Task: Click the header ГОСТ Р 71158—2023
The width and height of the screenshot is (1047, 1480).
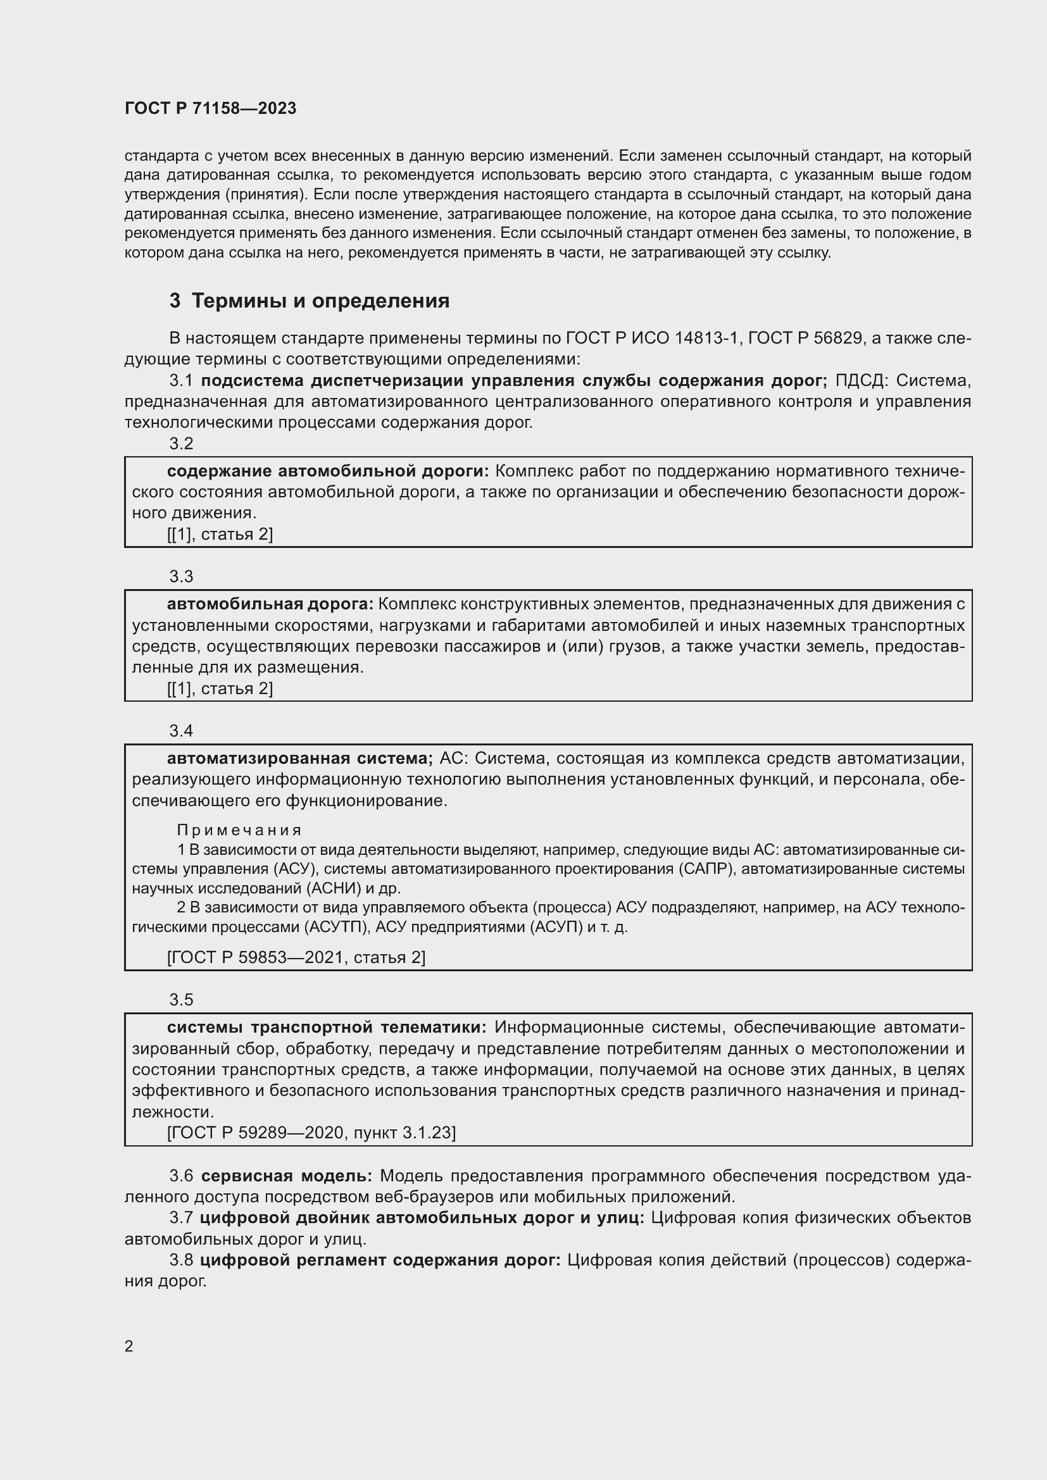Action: pyautogui.click(x=210, y=108)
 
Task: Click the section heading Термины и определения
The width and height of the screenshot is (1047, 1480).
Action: pyautogui.click(x=320, y=301)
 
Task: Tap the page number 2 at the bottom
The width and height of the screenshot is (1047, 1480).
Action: pyautogui.click(x=129, y=1346)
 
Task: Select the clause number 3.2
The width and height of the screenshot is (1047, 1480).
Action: pyautogui.click(x=181, y=444)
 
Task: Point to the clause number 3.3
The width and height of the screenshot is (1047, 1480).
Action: pyautogui.click(x=181, y=576)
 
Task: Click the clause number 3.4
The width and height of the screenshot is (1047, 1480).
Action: pyautogui.click(x=181, y=731)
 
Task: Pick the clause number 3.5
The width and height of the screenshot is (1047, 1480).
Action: pyautogui.click(x=181, y=1000)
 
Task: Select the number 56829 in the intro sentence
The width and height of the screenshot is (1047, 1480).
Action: pyautogui.click(x=838, y=338)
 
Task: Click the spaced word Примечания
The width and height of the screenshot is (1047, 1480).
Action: pyautogui.click(x=239, y=830)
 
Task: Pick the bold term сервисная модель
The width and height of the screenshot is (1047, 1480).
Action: pyautogui.click(x=286, y=1176)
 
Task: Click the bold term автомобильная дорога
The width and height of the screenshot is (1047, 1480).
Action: pyautogui.click(x=270, y=604)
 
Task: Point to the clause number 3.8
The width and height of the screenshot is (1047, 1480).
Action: pyautogui.click(x=181, y=1260)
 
